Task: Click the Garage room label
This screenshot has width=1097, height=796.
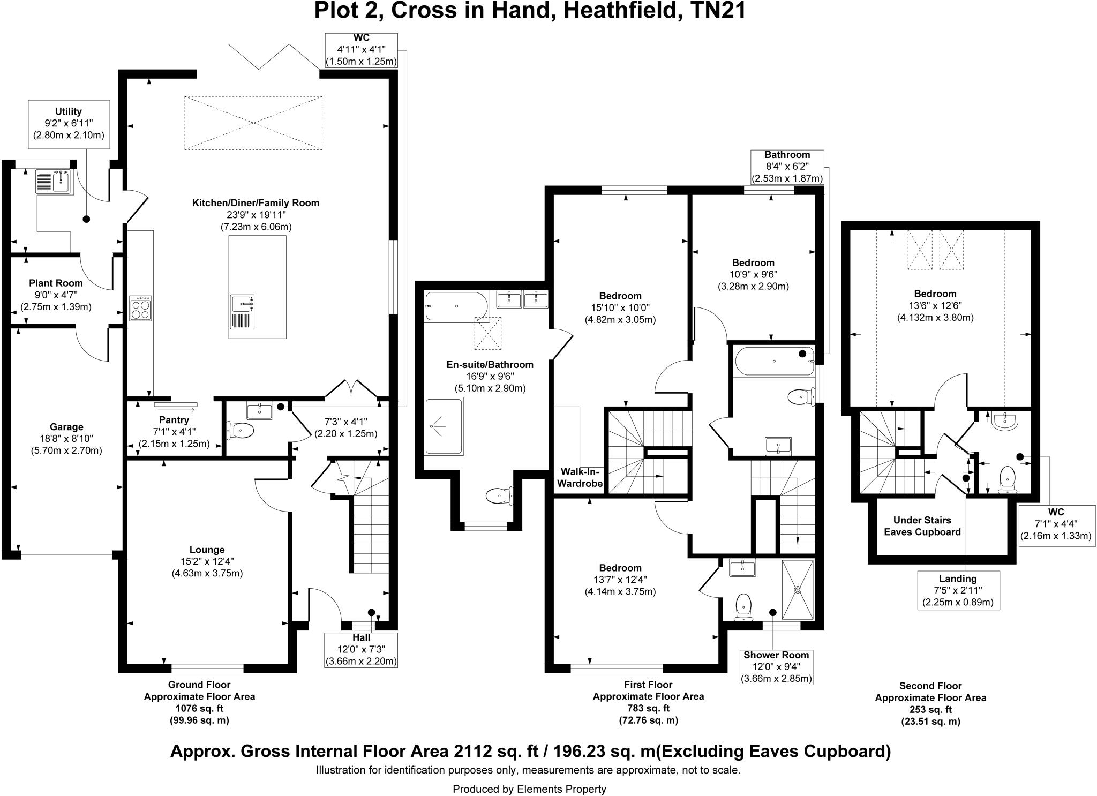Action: pyautogui.click(x=66, y=427)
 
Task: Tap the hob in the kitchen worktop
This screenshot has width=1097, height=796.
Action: pyautogui.click(x=140, y=308)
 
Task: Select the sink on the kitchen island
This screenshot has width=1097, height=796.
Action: pyautogui.click(x=242, y=311)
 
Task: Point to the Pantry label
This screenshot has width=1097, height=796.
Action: pyautogui.click(x=174, y=420)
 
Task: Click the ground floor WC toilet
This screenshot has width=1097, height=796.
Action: pyautogui.click(x=241, y=430)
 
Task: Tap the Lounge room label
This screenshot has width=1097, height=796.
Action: pyautogui.click(x=207, y=550)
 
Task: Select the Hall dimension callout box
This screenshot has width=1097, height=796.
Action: pyautogui.click(x=361, y=650)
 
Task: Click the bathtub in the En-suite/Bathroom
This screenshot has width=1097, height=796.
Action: pyautogui.click(x=456, y=306)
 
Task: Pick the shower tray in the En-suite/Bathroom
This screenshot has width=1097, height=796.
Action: pyautogui.click(x=444, y=427)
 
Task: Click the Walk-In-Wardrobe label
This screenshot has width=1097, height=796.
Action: pyautogui.click(x=582, y=477)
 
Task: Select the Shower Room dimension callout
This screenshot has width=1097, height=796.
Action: pyautogui.click(x=776, y=667)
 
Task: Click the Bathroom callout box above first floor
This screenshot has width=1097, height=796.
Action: pyautogui.click(x=787, y=167)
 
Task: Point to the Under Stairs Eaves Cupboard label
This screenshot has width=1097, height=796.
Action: pyautogui.click(x=922, y=526)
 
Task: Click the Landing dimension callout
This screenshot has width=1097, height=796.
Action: pyautogui.click(x=958, y=590)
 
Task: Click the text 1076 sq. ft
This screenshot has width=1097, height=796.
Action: pyautogui.click(x=199, y=709)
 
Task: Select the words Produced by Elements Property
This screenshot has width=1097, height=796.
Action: pyautogui.click(x=529, y=789)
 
